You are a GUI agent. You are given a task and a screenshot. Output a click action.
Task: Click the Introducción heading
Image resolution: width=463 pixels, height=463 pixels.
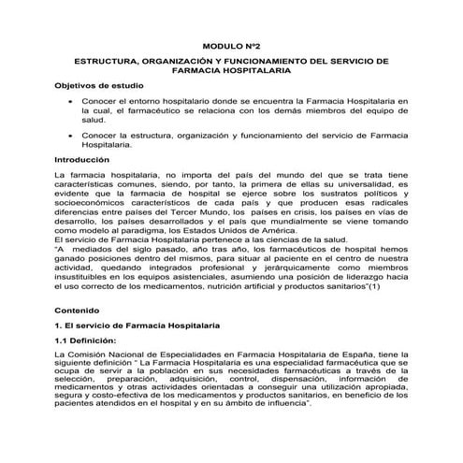tap(82, 160)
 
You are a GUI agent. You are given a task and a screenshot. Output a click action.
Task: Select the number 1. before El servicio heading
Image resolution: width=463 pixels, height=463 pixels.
tap(59, 324)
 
